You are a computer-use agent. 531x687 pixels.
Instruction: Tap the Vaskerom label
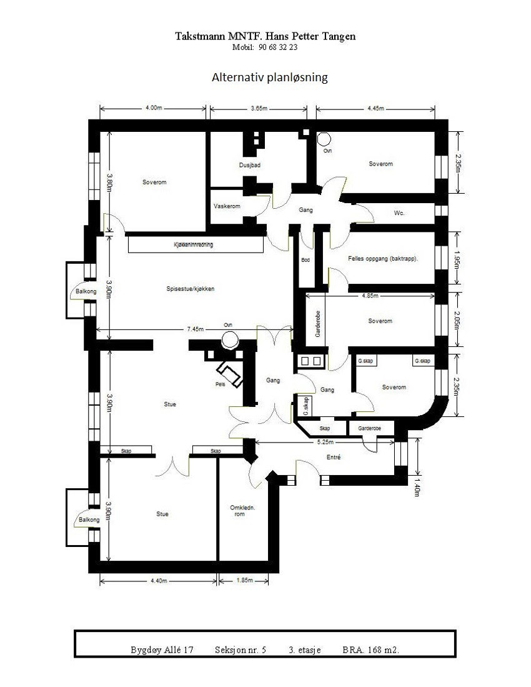pos(227,206)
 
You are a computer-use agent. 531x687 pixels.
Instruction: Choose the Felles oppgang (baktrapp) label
pos(383,258)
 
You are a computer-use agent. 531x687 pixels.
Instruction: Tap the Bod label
pos(305,260)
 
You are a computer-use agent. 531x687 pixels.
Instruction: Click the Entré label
pos(334,458)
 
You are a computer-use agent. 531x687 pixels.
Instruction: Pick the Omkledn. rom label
pos(240,510)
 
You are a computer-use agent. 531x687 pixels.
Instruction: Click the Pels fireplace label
pos(219,384)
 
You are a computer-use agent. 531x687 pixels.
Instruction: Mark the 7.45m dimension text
pos(196,329)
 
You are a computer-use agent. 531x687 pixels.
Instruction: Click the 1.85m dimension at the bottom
pos(244,581)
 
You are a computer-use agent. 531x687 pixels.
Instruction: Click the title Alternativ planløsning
pos(270,78)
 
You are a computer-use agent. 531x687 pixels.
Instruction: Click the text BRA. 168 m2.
pos(371,650)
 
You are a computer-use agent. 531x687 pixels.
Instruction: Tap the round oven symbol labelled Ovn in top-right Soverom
pos(324,139)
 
